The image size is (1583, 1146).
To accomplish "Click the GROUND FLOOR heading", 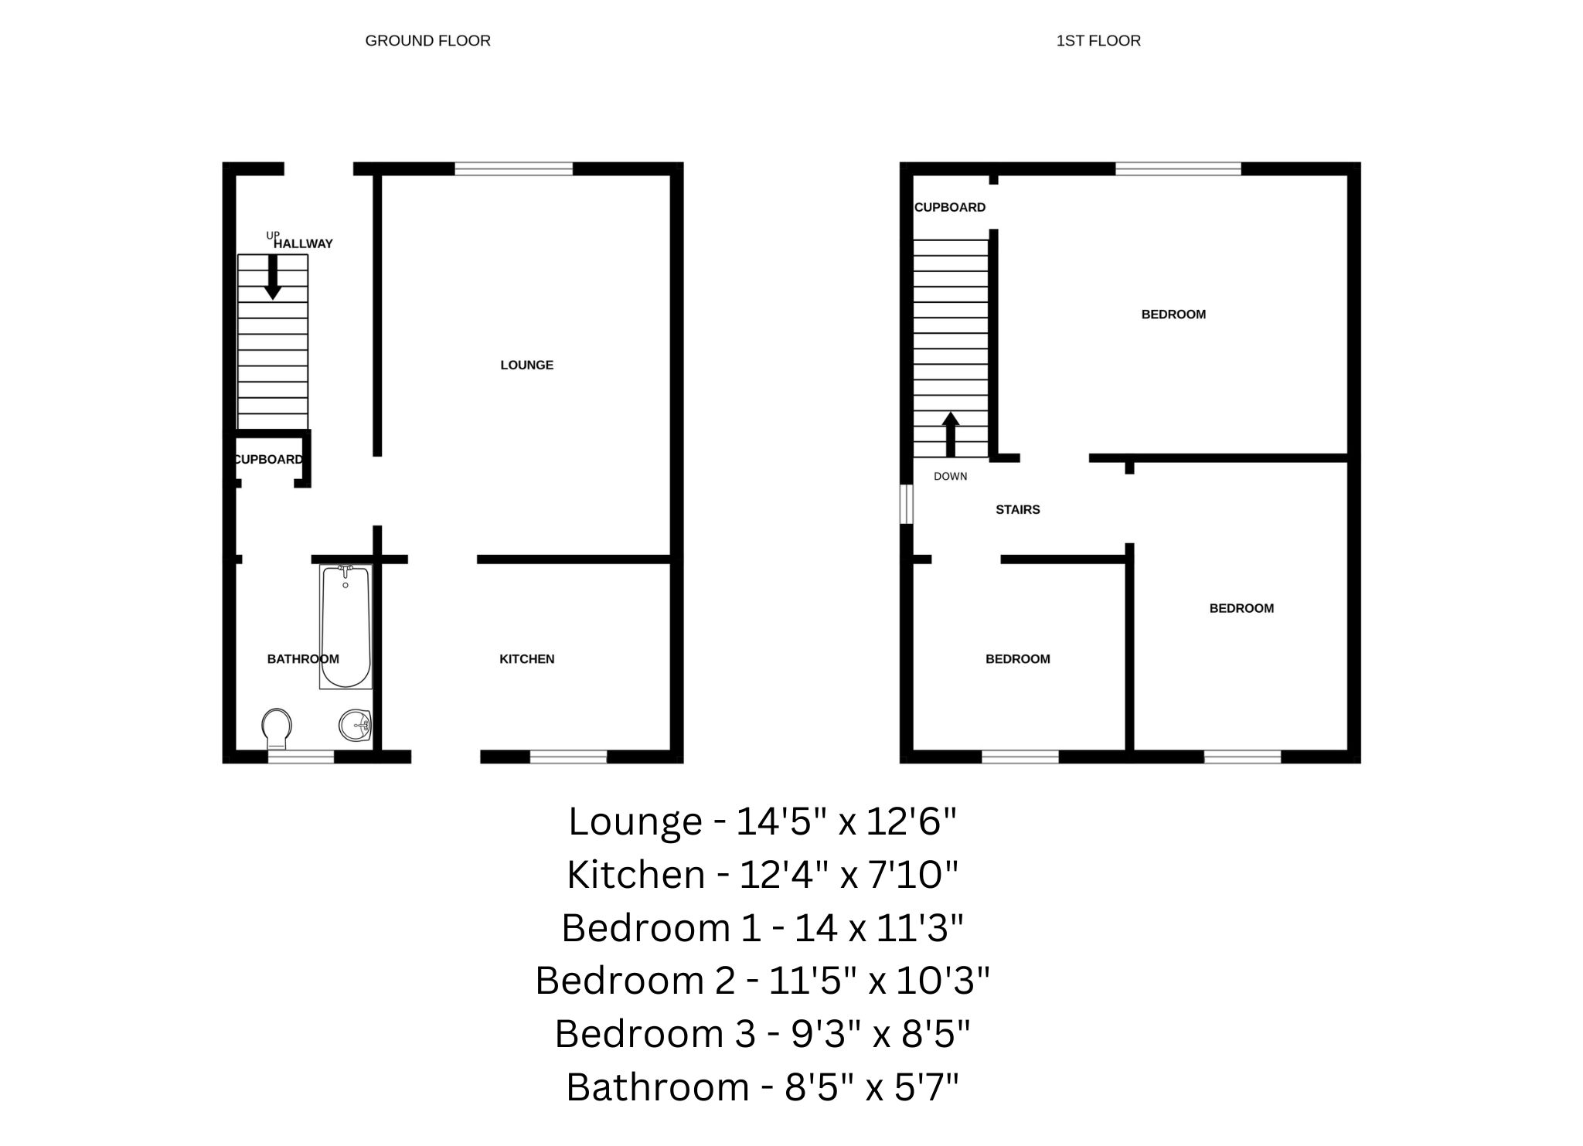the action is pos(427,41).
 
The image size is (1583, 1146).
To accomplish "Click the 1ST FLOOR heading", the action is pos(1098,41).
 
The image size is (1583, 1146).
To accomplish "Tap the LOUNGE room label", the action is pos(526,365).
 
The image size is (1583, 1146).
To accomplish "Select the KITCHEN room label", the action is pos(526,659).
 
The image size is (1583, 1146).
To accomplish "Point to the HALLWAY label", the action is pos(303,243).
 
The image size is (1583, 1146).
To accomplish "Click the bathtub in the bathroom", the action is pos(346,627).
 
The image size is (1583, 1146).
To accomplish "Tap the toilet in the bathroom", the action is pos(277,728).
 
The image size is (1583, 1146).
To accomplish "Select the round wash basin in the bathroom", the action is pos(356,725).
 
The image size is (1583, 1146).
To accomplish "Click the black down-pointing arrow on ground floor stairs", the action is pos(272,277).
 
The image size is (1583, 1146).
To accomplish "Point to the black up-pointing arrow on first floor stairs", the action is pos(950,434).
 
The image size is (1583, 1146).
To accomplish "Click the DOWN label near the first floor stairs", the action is pos(950,477).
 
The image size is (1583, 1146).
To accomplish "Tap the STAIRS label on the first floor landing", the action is pos(1017,510).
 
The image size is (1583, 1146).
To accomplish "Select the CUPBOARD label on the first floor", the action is pos(950,207).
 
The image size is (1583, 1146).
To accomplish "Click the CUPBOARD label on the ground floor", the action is pos(269,460).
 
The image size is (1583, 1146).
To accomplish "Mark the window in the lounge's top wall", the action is pos(513,169).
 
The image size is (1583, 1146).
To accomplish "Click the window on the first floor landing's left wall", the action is pos(907,504).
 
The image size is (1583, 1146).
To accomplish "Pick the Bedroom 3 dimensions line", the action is pos(762,1034).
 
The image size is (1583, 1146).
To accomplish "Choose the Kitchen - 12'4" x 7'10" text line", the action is pos(762,875).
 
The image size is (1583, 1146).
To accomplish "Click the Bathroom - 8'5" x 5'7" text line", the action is pos(762,1087).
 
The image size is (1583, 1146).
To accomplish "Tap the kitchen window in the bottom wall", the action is pos(568,757).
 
